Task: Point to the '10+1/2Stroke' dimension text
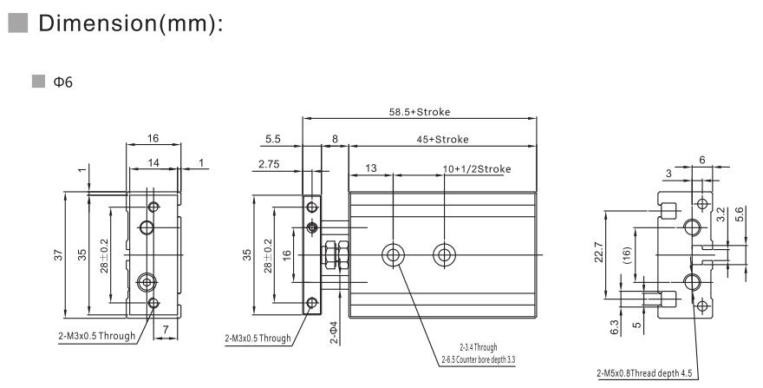[476, 168]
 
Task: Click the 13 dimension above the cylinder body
[370, 168]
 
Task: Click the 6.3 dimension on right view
[615, 327]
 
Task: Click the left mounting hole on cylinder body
[394, 254]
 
